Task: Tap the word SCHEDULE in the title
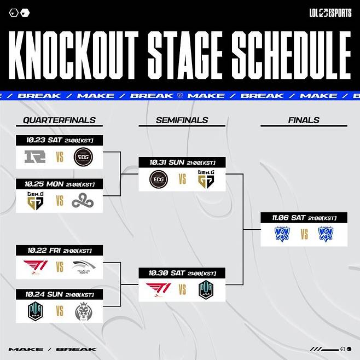point(291,56)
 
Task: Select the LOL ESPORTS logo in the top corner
point(329,13)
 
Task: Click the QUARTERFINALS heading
point(59,120)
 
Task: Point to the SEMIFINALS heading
point(182,120)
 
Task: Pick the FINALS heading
point(303,120)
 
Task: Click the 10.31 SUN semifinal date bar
point(182,162)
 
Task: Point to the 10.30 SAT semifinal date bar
point(182,273)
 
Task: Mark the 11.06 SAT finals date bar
point(304,218)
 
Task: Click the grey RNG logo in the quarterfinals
point(36,158)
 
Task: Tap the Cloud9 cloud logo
point(83,201)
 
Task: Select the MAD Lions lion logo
point(83,311)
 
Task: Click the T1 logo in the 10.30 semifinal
point(159,289)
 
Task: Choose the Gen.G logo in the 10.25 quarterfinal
point(36,201)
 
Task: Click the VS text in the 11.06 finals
point(304,235)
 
